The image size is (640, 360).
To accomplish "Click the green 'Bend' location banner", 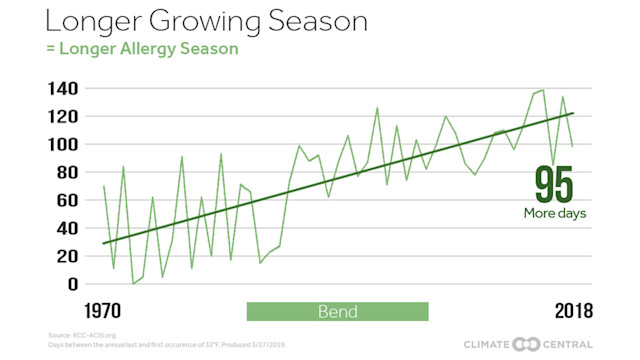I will (337, 310).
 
